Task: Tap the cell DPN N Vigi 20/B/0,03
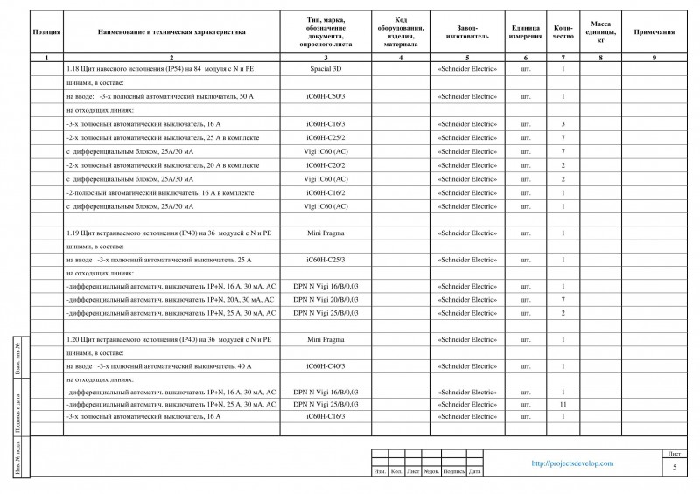pyautogui.click(x=325, y=300)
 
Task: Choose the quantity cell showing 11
pyautogui.click(x=563, y=405)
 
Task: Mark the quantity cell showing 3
pyautogui.click(x=563, y=124)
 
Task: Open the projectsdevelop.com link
pyautogui.click(x=572, y=463)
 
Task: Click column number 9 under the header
pyautogui.click(x=654, y=57)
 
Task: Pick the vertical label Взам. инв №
pyautogui.click(x=20, y=359)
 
